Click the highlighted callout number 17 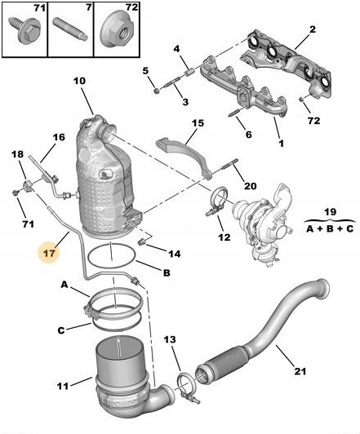pos(48,252)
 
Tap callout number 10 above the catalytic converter pos(79,81)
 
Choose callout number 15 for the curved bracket pos(198,123)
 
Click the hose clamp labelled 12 pos(217,199)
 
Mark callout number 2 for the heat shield pos(311,32)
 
